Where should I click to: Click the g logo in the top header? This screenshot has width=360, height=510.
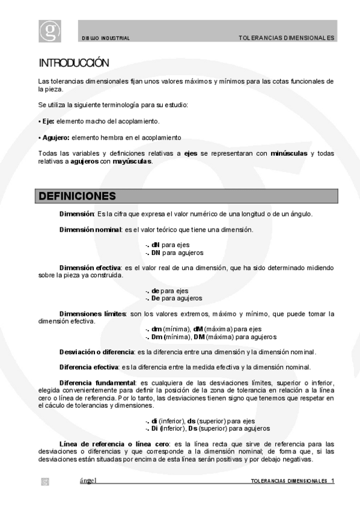[x=50, y=31]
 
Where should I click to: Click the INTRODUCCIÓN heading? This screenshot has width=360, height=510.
[x=74, y=63]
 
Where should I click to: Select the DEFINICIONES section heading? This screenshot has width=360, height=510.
[x=78, y=197]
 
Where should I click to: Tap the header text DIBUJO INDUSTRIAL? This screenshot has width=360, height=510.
[x=106, y=38]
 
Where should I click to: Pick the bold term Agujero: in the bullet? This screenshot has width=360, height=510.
[x=56, y=137]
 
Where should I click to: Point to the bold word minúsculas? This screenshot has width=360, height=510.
[x=289, y=153]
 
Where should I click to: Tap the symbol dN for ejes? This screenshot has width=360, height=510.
[x=155, y=245]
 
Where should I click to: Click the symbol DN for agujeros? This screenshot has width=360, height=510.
[x=156, y=253]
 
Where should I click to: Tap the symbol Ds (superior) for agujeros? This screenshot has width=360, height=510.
[x=193, y=428]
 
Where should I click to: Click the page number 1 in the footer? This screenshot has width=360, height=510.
[x=332, y=482]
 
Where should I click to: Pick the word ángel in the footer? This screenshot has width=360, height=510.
[x=88, y=481]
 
